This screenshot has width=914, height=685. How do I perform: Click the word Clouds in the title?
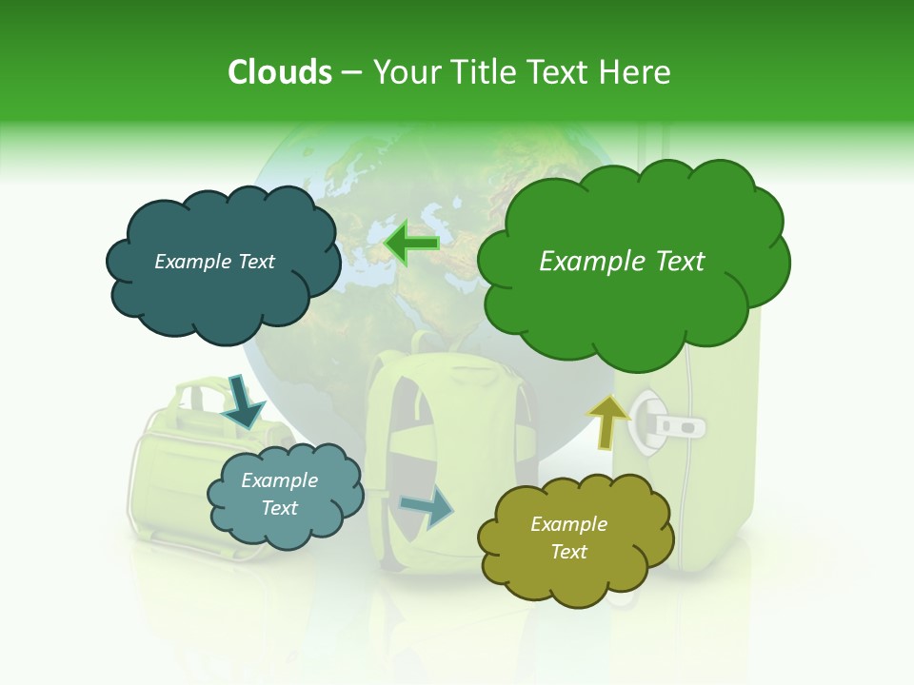279,72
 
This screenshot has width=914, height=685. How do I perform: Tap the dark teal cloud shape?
221,295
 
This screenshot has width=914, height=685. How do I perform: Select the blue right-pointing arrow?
427,507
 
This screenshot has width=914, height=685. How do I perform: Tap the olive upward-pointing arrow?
608,421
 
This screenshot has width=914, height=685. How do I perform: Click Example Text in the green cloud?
622,262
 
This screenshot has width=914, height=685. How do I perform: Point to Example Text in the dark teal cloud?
214,262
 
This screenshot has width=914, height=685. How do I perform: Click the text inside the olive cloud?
568,538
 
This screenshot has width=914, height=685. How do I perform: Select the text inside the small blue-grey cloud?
279,494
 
